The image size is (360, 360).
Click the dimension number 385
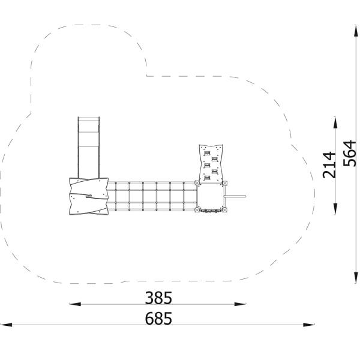pos(158,298)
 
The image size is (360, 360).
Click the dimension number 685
pos(158,319)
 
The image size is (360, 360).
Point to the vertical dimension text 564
pos(349,153)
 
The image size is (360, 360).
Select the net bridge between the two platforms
pos(153,196)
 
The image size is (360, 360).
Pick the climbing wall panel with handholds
pos(209,163)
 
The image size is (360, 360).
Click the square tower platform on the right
pos(211,197)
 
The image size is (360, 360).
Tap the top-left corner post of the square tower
pos(199,183)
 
